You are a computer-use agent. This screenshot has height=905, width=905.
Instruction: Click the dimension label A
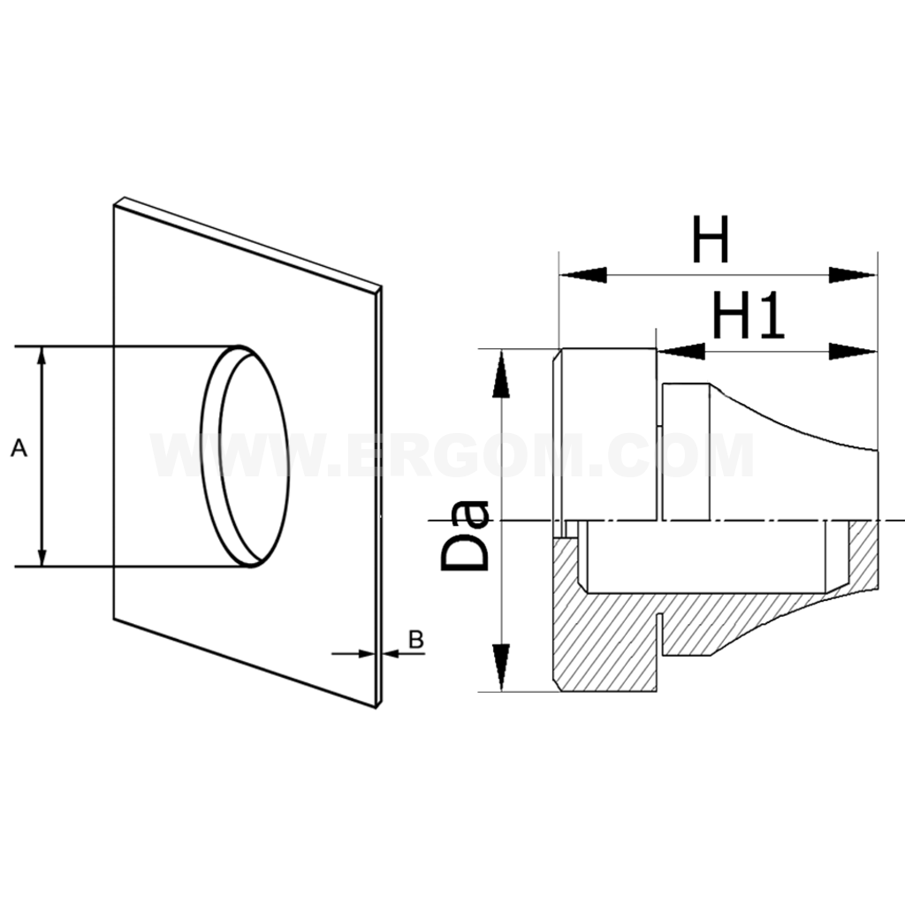pos(19,448)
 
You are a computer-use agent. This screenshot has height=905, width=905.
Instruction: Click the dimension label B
pos(416,640)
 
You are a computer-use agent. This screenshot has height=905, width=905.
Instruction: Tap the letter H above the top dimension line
pos(711,239)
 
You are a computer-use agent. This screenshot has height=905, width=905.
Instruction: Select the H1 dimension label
pos(748,316)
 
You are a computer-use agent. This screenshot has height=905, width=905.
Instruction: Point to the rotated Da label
pos(466,536)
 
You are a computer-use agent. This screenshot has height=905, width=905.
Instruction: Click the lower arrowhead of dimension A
pos(41,557)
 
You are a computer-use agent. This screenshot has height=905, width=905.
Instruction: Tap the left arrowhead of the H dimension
pos(583,275)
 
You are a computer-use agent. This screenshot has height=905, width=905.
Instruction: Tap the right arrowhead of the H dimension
pos(853,275)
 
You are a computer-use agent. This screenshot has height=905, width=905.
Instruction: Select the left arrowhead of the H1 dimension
pos(681,351)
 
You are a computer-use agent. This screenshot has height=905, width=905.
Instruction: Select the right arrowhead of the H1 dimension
pos(853,351)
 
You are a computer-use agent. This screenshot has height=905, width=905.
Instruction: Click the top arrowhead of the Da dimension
pos(501,374)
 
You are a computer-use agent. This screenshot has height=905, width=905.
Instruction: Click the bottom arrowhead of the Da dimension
pos(501,667)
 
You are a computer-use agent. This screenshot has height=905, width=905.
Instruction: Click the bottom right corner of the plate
pos(376,708)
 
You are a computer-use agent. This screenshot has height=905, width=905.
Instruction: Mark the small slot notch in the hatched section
pos(661,635)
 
